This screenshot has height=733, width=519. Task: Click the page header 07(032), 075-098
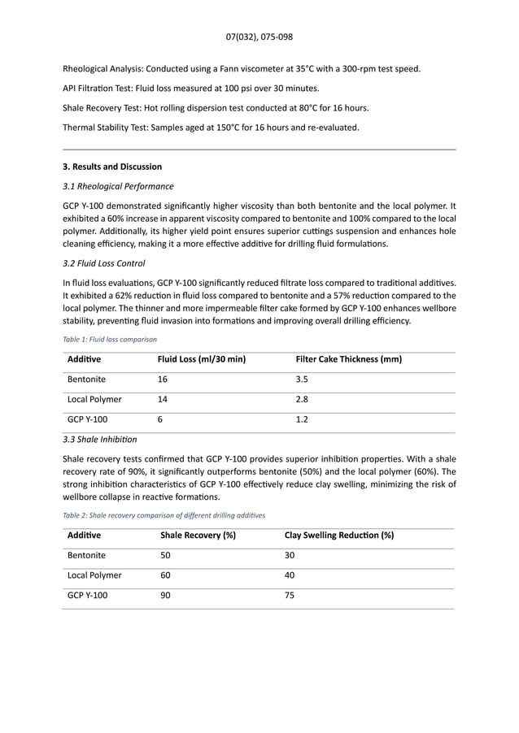pyautogui.click(x=259, y=37)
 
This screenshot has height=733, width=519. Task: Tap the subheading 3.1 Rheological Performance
pyautogui.click(x=118, y=186)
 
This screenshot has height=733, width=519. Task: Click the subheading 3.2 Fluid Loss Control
pyautogui.click(x=104, y=263)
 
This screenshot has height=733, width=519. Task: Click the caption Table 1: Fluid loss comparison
pyautogui.click(x=110, y=339)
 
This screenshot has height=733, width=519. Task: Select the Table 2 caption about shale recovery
pyautogui.click(x=164, y=515)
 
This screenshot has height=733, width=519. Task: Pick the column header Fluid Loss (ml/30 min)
pyautogui.click(x=201, y=359)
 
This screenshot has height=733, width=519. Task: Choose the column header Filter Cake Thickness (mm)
pyautogui.click(x=348, y=359)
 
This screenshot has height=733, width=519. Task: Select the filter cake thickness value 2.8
pyautogui.click(x=302, y=400)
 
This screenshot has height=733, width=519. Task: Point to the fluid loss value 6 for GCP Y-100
pyautogui.click(x=159, y=420)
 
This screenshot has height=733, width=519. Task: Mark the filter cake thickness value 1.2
pyautogui.click(x=302, y=420)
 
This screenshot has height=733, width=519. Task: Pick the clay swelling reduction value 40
pyautogui.click(x=290, y=575)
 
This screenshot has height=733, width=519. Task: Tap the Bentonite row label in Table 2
pyautogui.click(x=86, y=556)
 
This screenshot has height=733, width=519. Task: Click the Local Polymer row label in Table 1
pyautogui.click(x=94, y=400)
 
